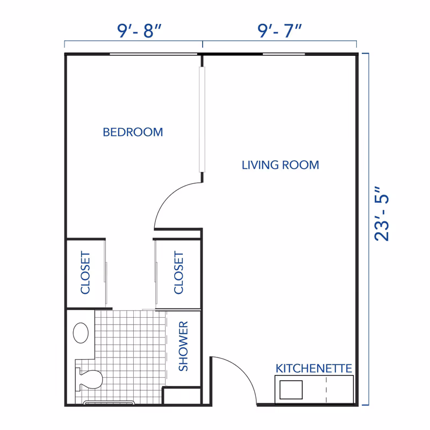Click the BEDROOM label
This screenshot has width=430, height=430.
point(133,132)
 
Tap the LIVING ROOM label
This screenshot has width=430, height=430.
point(280,165)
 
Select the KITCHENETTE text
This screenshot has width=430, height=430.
point(314,368)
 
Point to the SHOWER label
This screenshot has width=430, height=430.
point(183,346)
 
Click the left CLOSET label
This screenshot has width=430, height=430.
point(85,273)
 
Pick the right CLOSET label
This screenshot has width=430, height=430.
point(178,273)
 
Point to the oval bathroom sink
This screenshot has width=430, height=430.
point(81,333)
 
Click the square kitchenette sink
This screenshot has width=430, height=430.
point(291,390)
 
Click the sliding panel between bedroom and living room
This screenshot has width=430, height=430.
point(202,119)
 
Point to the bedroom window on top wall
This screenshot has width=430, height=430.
point(153,54)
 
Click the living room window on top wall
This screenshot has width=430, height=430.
point(284,54)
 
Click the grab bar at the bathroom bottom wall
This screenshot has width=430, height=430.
point(109,402)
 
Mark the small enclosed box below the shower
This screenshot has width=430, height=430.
point(182,396)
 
